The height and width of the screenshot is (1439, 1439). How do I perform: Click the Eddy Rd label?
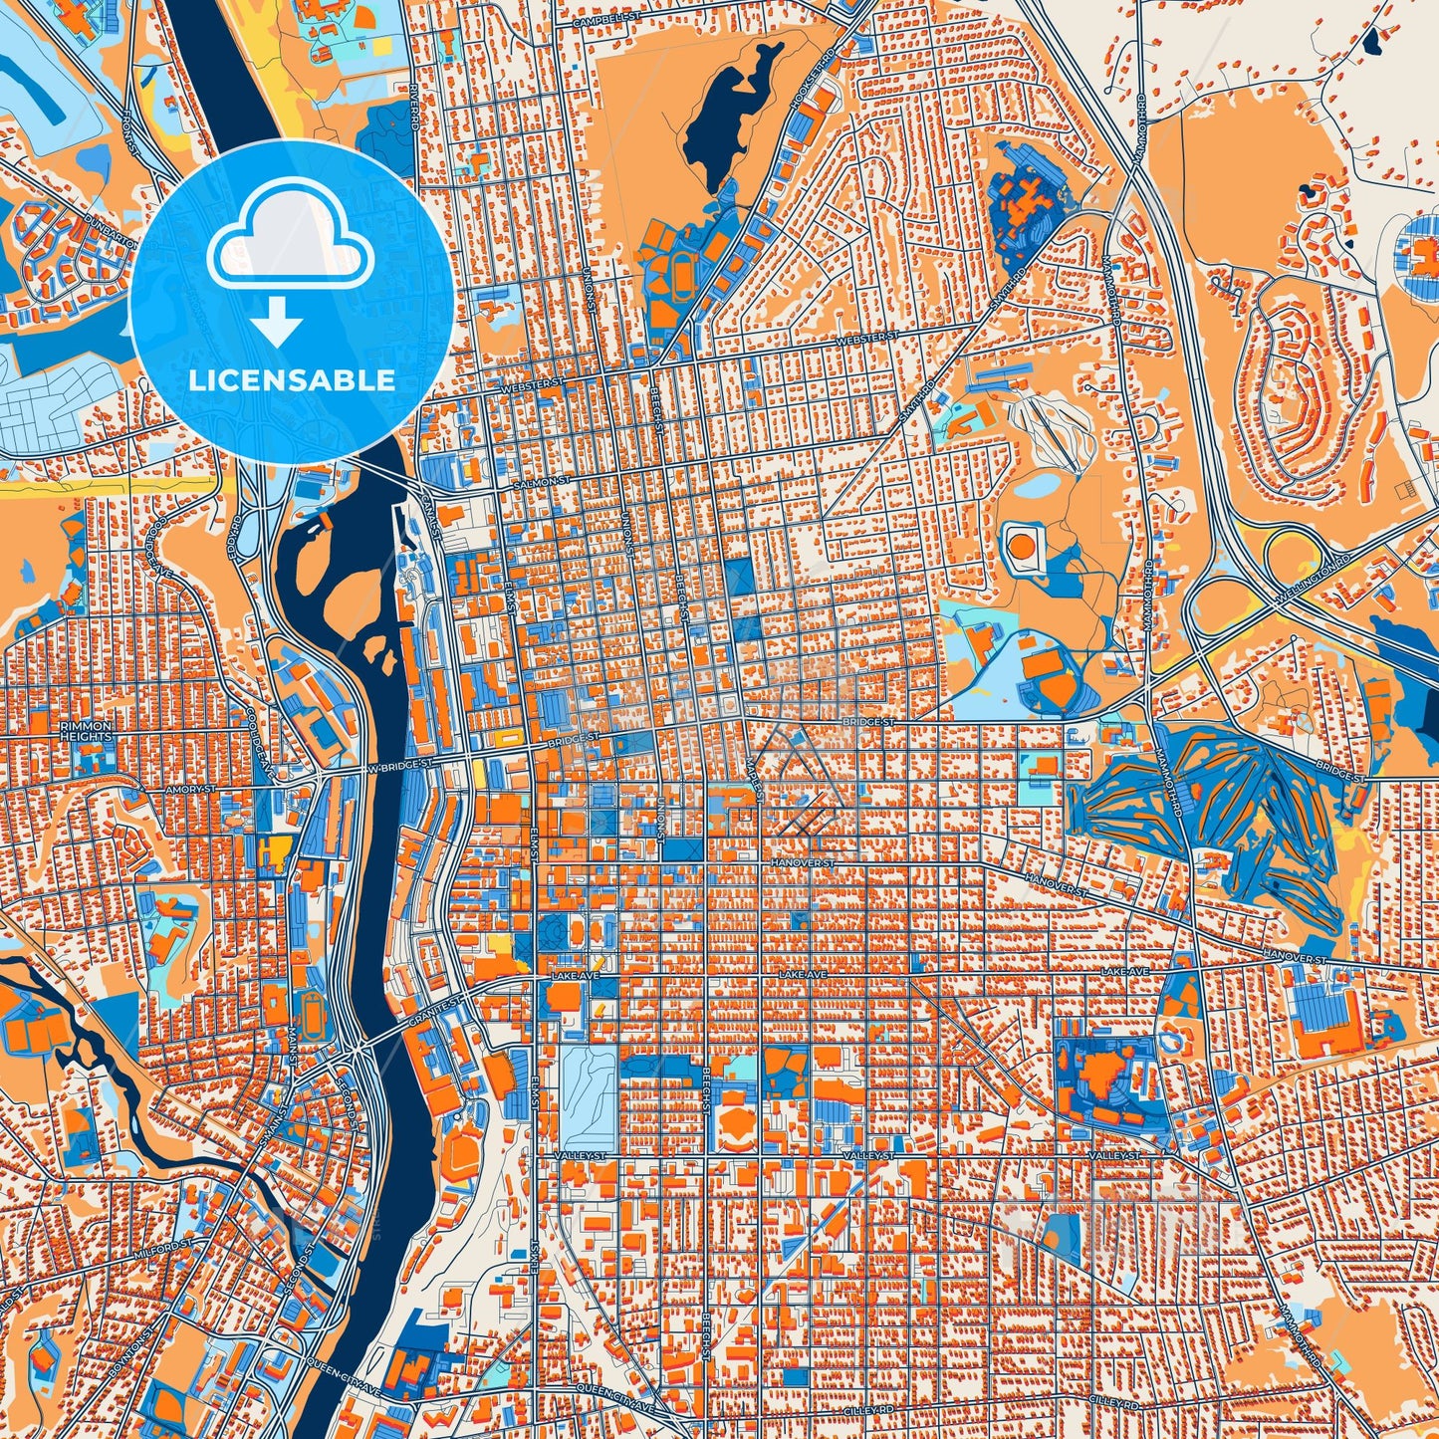tap(237, 538)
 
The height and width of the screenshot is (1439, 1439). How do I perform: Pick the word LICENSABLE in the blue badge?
tap(292, 379)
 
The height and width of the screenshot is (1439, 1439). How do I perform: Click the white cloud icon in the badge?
tap(290, 244)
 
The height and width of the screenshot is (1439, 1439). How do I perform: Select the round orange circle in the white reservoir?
tap(1022, 545)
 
